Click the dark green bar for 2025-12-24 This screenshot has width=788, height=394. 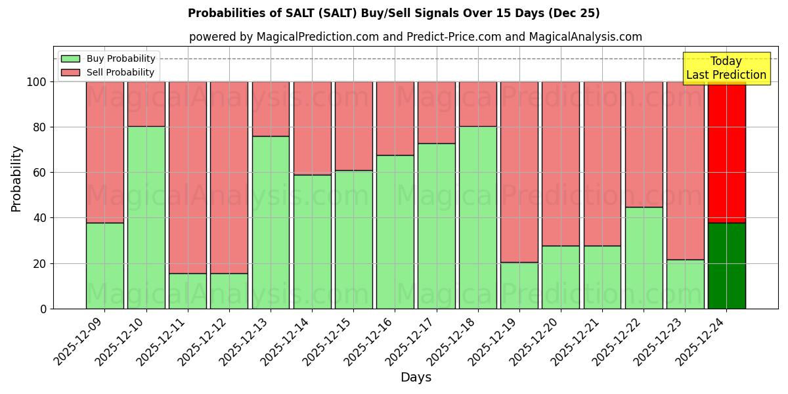tap(726, 265)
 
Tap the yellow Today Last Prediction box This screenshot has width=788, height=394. tap(726, 68)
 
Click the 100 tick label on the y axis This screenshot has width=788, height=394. tap(36, 82)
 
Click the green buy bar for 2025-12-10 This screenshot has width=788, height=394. tap(146, 217)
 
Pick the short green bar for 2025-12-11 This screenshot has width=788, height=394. tap(188, 291)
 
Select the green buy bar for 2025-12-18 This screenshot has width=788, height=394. tap(478, 217)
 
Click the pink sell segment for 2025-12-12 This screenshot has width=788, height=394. tap(229, 177)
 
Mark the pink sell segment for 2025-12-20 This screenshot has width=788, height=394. tap(561, 164)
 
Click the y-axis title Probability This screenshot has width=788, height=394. tap(16, 178)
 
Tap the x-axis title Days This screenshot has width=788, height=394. tap(416, 378)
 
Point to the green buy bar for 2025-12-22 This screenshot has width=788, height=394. tap(644, 257)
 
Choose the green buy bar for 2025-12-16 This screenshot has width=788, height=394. tap(395, 232)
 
